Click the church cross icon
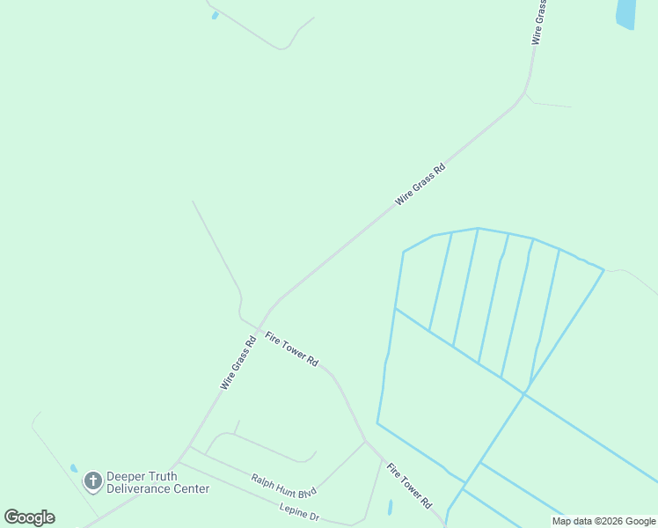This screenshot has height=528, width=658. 93,481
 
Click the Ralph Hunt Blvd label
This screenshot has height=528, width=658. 283,485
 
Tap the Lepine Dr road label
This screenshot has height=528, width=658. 299,510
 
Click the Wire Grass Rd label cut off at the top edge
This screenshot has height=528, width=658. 540,23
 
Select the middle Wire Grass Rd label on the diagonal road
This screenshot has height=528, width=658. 420,184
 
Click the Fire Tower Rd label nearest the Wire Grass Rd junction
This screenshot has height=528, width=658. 291,349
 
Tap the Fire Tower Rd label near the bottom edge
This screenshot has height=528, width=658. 410,487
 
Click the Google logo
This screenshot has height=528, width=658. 29,517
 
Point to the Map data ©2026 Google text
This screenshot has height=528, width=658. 604,521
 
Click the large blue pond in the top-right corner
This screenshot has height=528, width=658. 625,13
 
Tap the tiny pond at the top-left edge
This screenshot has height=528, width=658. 215,15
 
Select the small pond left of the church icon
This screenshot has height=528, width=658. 74,469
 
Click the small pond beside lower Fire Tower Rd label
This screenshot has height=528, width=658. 390,508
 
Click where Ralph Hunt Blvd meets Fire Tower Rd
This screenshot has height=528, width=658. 365,441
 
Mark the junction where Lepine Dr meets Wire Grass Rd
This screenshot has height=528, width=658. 177,461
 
